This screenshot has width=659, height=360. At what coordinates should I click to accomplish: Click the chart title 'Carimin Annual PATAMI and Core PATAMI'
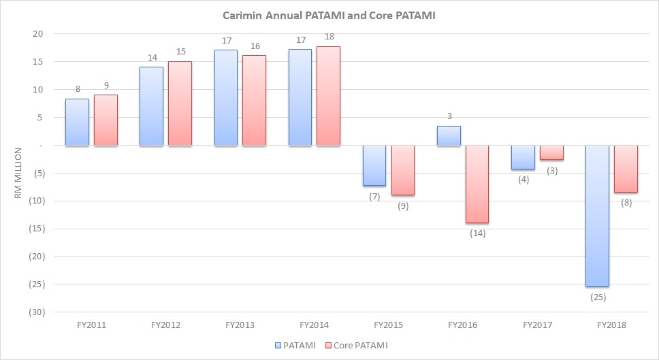[x=329, y=15]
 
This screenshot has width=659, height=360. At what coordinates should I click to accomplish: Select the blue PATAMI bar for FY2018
[x=596, y=215]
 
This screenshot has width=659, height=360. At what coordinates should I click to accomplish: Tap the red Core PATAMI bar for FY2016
[x=476, y=184]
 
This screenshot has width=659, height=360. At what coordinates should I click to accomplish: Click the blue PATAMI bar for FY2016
[x=449, y=136]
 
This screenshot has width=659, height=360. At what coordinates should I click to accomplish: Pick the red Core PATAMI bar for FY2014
[x=327, y=95]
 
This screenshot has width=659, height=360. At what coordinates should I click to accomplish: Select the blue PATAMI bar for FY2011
[x=77, y=122]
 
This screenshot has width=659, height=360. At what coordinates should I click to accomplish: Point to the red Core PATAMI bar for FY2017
[x=551, y=152]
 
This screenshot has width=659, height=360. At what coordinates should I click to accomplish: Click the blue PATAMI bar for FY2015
[x=374, y=165]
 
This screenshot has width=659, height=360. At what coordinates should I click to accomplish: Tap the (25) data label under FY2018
[x=596, y=297]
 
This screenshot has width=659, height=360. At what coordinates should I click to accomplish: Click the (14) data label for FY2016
[x=477, y=233]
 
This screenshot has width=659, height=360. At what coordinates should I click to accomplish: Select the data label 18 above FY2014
[x=328, y=36]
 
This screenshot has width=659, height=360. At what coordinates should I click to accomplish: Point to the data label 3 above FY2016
[x=449, y=116]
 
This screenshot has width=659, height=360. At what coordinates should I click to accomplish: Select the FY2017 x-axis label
[x=537, y=325]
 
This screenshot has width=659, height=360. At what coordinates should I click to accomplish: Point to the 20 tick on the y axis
[x=38, y=34]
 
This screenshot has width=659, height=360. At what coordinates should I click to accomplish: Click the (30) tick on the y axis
[x=34, y=312]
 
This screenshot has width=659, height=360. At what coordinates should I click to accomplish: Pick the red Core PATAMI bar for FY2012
[x=179, y=103]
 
